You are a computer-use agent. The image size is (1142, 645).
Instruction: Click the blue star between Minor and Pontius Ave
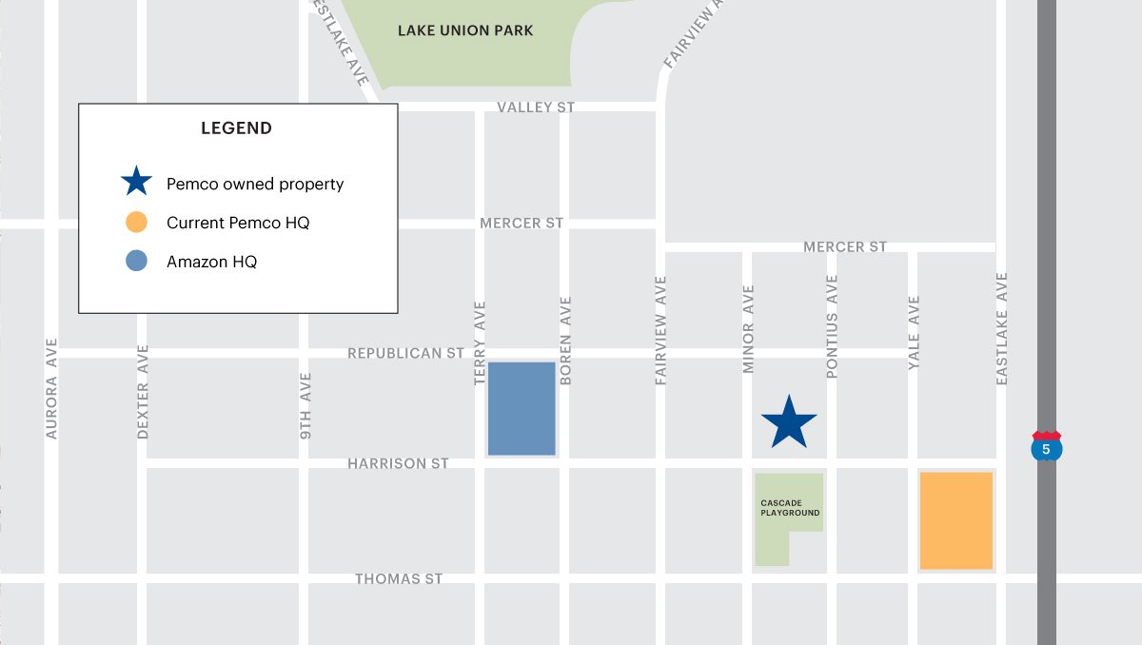[789, 423]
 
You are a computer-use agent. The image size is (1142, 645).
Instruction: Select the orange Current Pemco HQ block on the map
[955, 520]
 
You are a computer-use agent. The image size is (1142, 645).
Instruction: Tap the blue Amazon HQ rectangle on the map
[522, 408]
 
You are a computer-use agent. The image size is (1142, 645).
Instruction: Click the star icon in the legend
[136, 183]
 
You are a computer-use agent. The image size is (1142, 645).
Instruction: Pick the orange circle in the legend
[136, 223]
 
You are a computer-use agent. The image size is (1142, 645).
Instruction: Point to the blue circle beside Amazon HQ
[136, 262]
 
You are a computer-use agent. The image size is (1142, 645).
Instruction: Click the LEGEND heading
[236, 128]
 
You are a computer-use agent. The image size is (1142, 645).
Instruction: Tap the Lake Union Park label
[465, 30]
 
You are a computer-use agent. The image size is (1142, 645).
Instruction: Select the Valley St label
[536, 107]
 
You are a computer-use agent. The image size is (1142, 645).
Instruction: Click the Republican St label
[405, 353]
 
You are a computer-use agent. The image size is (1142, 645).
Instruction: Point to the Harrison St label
[398, 463]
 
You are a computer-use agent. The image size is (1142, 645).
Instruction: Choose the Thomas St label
[399, 578]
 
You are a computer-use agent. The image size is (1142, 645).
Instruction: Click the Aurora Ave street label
[51, 388]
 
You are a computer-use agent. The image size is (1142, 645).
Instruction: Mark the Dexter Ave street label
[144, 391]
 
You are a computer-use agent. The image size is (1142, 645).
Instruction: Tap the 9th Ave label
[305, 405]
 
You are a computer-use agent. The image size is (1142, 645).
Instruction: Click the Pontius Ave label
[832, 327]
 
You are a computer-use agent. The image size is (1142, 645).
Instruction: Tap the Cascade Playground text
[790, 508]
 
